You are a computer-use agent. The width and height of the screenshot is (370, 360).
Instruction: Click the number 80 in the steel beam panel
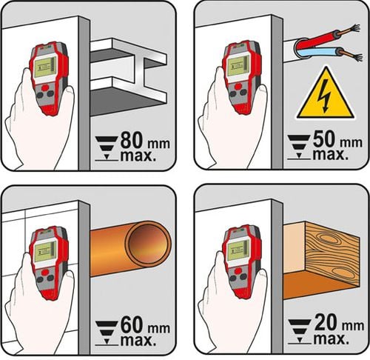tap(132, 140)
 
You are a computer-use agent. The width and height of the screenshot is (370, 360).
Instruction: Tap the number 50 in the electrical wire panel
tap(324, 139)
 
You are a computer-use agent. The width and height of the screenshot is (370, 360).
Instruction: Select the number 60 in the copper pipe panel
tap(132, 325)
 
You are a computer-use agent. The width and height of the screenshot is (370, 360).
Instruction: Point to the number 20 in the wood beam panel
tap(326, 322)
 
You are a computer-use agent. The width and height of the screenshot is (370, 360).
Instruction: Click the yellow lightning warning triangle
tap(325, 94)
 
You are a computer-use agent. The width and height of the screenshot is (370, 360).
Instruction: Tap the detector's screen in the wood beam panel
tap(238, 250)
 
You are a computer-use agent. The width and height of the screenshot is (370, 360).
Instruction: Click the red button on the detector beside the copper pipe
tap(45, 272)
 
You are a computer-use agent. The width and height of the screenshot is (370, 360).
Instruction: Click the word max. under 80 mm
tap(138, 156)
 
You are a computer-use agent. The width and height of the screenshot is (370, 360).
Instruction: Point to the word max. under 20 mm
tap(332, 339)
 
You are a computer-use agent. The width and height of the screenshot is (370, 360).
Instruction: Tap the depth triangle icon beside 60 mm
tap(107, 333)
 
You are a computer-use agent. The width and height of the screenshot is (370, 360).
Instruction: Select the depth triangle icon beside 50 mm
tap(299, 147)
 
